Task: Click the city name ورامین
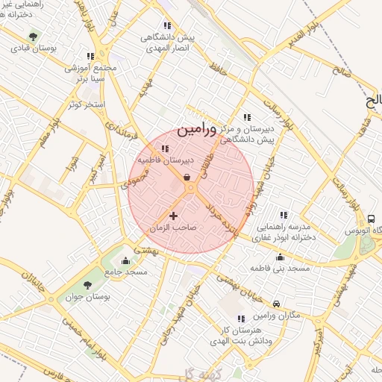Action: (197, 130)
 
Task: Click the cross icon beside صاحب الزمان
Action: (174, 216)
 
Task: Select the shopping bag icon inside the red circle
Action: (185, 177)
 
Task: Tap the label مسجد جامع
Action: (126, 272)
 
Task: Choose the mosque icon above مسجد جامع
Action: (125, 260)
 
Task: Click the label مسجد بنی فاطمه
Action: (280, 267)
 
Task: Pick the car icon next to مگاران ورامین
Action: (277, 304)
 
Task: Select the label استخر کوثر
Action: (84, 104)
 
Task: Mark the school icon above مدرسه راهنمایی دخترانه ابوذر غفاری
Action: (282, 215)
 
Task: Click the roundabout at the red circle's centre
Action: (191, 190)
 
